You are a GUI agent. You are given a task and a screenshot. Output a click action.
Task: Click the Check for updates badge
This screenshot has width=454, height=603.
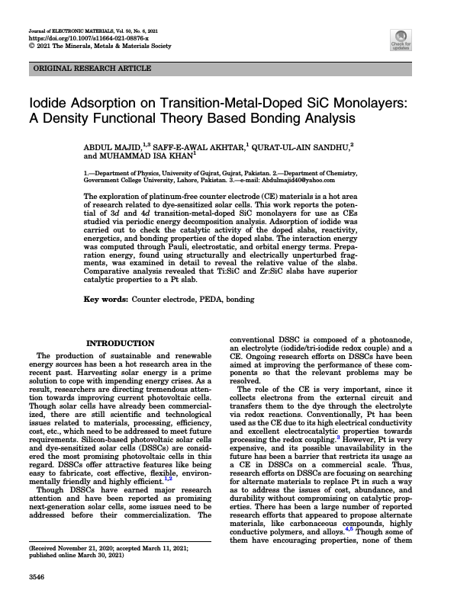click(x=401, y=40)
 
